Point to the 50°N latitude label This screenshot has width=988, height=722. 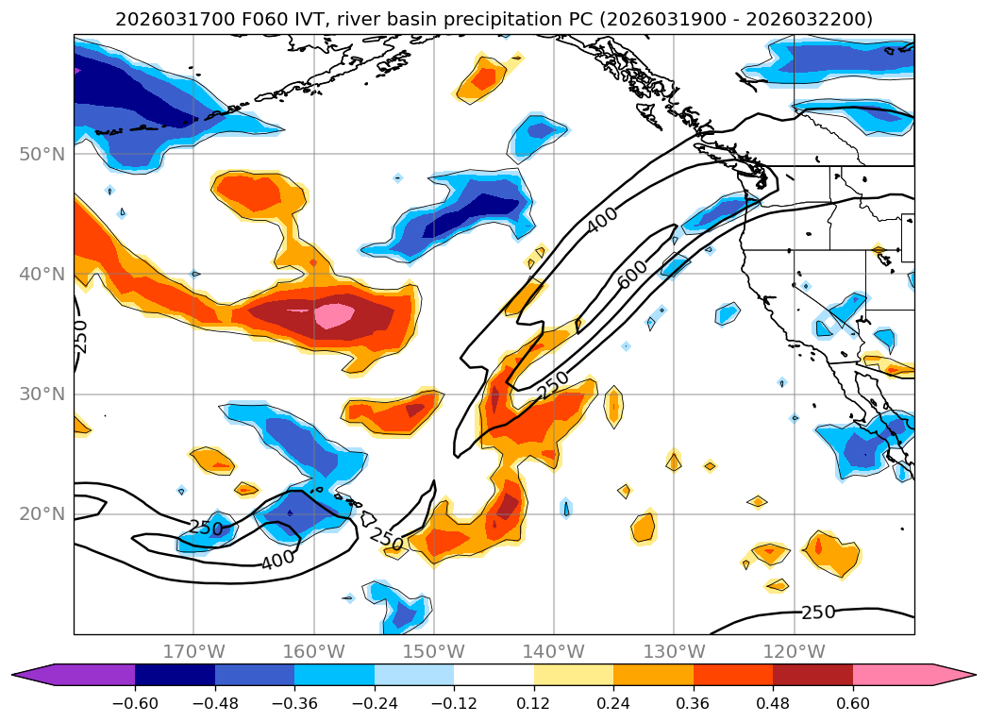(42, 154)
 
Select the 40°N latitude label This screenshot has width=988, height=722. (42, 275)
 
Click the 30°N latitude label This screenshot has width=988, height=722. (42, 395)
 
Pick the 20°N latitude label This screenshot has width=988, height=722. (42, 514)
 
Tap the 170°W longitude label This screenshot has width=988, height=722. (193, 651)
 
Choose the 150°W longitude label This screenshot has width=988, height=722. (433, 651)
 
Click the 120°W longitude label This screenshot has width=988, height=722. (794, 651)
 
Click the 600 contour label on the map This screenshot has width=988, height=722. (633, 274)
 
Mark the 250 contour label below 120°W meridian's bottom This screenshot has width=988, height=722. (817, 613)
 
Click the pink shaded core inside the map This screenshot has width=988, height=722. (333, 314)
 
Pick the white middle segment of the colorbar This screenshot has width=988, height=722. (494, 675)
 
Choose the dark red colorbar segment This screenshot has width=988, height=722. (812, 675)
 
